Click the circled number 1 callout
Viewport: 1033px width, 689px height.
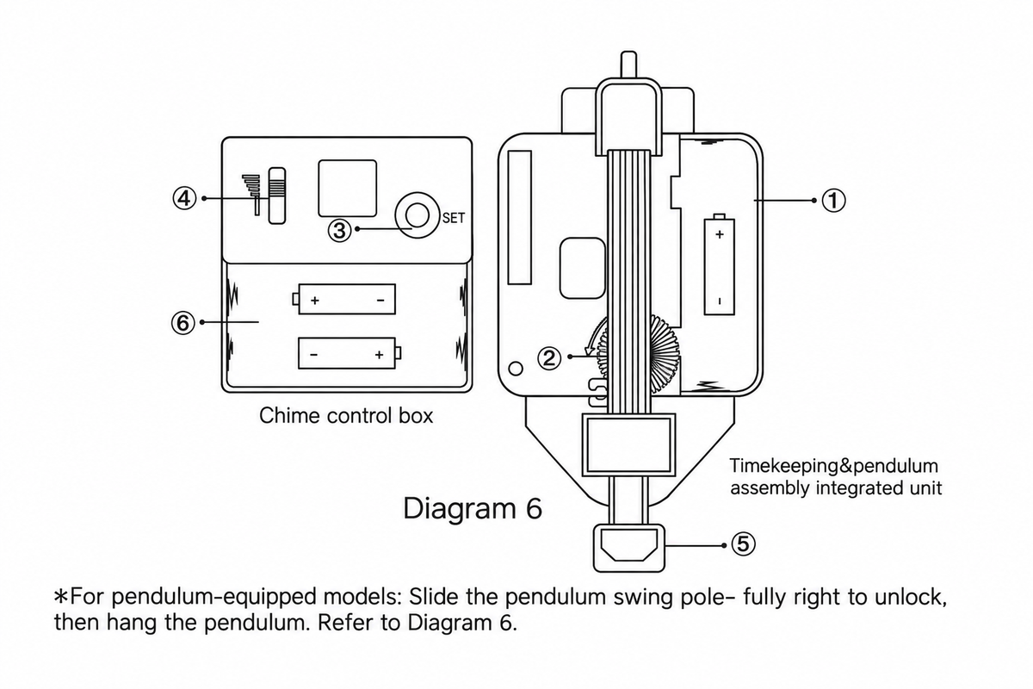pyautogui.click(x=834, y=201)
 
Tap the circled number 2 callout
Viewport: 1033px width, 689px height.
pyautogui.click(x=549, y=358)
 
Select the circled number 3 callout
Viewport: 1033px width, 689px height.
pyautogui.click(x=339, y=230)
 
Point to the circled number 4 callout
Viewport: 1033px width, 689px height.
pyautogui.click(x=184, y=198)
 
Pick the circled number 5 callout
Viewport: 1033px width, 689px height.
pyautogui.click(x=743, y=543)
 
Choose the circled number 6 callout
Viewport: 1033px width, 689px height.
pyautogui.click(x=183, y=323)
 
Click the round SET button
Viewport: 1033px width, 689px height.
pyautogui.click(x=417, y=215)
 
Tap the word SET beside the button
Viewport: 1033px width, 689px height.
pyautogui.click(x=454, y=218)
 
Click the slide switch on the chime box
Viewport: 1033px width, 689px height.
pyautogui.click(x=276, y=196)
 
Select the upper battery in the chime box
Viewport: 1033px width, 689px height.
pyautogui.click(x=344, y=299)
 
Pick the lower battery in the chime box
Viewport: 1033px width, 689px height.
pyautogui.click(x=349, y=353)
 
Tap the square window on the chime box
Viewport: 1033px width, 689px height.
pyautogui.click(x=347, y=189)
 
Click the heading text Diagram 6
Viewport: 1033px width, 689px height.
pyautogui.click(x=473, y=508)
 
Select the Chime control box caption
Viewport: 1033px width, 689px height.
pyautogui.click(x=346, y=415)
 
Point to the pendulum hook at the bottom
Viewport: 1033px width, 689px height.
pyautogui.click(x=629, y=549)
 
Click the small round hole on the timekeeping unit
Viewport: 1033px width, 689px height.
pyautogui.click(x=516, y=369)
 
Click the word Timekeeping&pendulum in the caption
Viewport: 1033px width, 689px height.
pyautogui.click(x=834, y=466)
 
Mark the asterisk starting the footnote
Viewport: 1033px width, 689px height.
pyautogui.click(x=61, y=596)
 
